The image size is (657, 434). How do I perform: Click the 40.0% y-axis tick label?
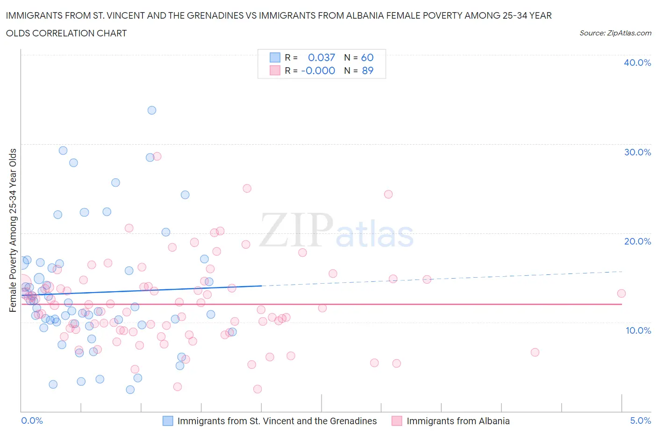click(x=637, y=63)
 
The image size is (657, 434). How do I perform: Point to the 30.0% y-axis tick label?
click(x=637, y=152)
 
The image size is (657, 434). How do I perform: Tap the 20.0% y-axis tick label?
click(x=637, y=241)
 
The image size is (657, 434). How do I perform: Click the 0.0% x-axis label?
click(x=32, y=420)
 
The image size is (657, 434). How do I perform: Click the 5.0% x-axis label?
click(x=640, y=420)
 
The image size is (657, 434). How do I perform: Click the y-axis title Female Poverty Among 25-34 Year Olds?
click(x=13, y=230)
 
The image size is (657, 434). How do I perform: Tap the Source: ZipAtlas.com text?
click(x=615, y=33)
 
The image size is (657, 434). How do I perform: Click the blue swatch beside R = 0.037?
click(x=275, y=57)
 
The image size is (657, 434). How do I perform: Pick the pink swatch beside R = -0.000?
click(x=275, y=70)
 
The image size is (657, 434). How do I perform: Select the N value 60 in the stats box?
click(x=367, y=57)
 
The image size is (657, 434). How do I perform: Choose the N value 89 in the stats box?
click(x=368, y=70)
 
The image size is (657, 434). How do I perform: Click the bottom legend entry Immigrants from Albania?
click(x=457, y=421)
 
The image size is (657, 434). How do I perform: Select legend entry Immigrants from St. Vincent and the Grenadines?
click(x=277, y=421)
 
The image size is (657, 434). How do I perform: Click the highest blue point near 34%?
click(x=152, y=110)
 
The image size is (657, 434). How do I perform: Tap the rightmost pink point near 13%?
click(x=621, y=294)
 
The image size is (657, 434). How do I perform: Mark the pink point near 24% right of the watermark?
click(x=388, y=194)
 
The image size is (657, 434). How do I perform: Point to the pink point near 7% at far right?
click(x=535, y=352)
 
